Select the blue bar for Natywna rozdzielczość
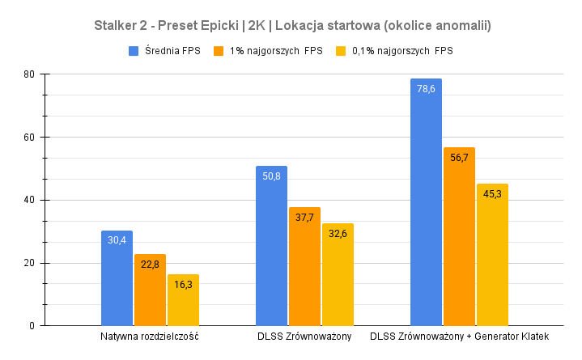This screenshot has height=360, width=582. pos(117,279)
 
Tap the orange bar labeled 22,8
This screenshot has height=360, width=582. pos(150,291)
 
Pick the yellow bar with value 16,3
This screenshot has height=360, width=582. pos(183,301)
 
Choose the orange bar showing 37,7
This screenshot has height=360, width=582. pos(304,267)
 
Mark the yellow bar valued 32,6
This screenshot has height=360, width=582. pos(338,275)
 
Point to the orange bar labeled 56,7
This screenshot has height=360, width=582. pos(459,237)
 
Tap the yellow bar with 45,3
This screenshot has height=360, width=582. pos(492,255)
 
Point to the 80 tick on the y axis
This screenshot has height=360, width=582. pos(29,74)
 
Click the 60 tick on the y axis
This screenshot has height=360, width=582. pos(29,138)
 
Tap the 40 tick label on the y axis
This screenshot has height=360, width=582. pos(29,200)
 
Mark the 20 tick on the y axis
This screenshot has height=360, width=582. pos(29,263)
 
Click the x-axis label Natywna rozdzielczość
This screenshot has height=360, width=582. pos(150,337)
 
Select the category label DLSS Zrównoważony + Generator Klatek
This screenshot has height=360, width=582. pos(459,337)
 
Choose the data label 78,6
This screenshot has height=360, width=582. pos(426,89)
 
